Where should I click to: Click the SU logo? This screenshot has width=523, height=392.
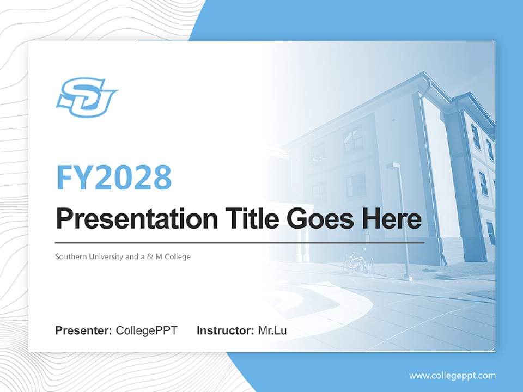[x=87, y=97]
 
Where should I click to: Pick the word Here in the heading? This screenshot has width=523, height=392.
[x=391, y=219]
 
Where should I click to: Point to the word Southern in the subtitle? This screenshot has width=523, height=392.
[x=69, y=256]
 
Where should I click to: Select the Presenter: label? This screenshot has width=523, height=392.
[x=84, y=330]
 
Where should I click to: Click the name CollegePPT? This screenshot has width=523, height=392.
[x=147, y=330]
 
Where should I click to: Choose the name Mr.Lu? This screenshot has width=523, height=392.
[x=272, y=330]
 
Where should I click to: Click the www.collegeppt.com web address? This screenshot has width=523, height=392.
[x=452, y=376]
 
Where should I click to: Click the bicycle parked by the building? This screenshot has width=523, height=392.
[x=355, y=263]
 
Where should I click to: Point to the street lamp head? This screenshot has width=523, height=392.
[x=393, y=166]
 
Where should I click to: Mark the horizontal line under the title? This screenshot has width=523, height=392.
[x=240, y=242]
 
